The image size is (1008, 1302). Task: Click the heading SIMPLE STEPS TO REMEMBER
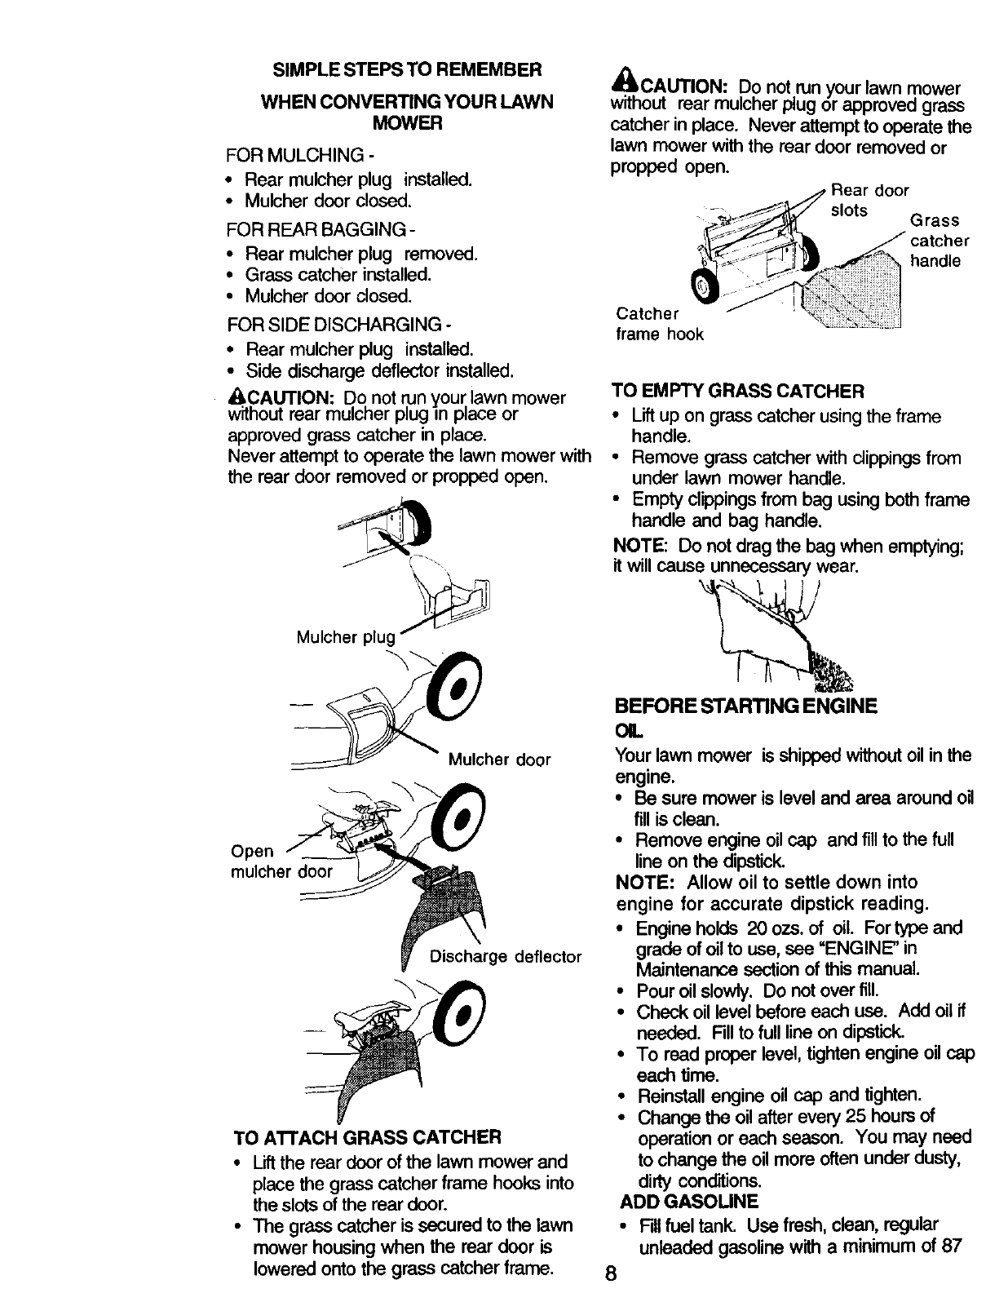(406, 67)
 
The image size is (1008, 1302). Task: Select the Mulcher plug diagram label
(346, 637)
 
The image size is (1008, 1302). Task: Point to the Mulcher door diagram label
(499, 760)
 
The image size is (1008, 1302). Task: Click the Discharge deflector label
(506, 956)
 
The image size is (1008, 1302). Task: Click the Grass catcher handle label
(939, 241)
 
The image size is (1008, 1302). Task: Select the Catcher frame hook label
(659, 324)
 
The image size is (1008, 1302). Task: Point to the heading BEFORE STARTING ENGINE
(745, 705)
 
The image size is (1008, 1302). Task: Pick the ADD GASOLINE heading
(689, 1202)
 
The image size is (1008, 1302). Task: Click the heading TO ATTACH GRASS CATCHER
(366, 1136)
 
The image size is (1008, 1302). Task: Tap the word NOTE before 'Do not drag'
(639, 544)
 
